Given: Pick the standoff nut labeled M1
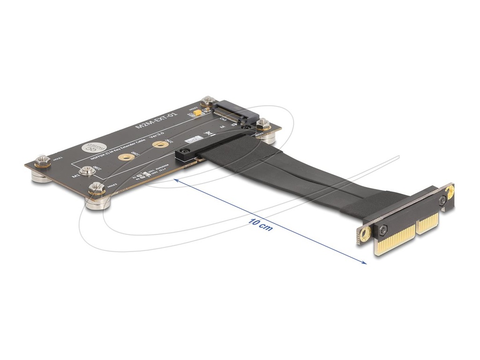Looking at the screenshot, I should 86,171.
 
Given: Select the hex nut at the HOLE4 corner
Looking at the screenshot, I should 263,125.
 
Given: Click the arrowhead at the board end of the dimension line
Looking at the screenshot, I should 176,180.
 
